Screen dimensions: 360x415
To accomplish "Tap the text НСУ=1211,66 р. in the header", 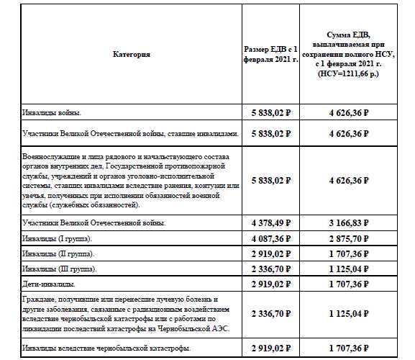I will click(x=348, y=73).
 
